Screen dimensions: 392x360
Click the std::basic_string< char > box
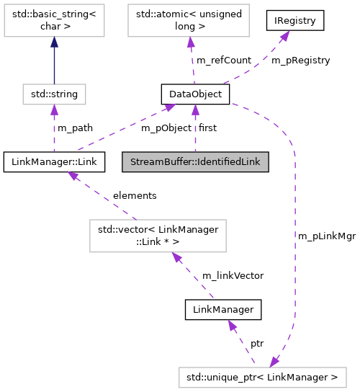click(54, 21)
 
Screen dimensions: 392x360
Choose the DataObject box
click(194, 94)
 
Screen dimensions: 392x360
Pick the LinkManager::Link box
click(54, 161)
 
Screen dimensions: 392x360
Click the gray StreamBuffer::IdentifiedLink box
click(195, 161)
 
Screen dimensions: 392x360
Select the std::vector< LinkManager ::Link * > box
click(158, 236)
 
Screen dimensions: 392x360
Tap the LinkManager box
click(222, 310)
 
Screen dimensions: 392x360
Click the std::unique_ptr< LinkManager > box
click(263, 377)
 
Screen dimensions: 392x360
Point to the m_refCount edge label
click(223, 61)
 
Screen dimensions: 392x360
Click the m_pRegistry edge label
click(300, 61)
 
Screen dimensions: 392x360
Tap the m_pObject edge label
click(166, 128)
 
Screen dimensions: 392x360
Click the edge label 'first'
click(207, 128)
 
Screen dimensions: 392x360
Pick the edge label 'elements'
click(135, 195)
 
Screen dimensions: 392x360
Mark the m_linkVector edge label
click(233, 275)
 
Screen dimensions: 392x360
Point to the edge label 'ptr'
click(257, 343)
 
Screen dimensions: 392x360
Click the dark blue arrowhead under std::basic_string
click(54, 43)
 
